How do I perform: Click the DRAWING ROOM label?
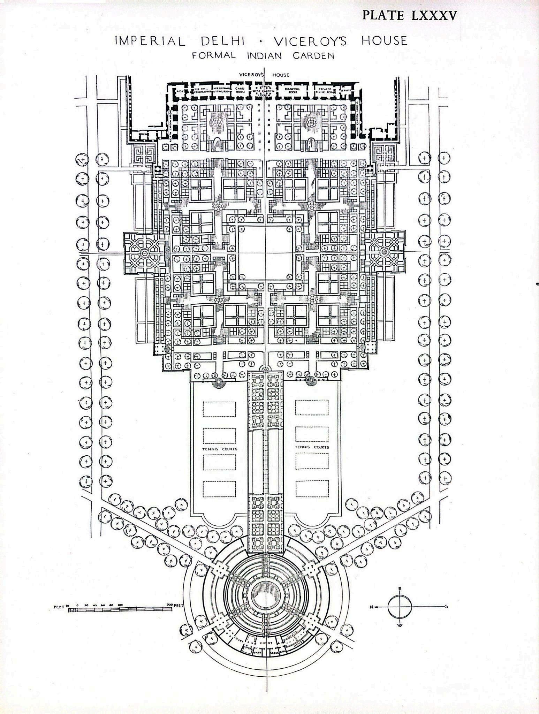pyautogui.click(x=292, y=90)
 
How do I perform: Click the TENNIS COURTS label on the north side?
pyautogui.click(x=220, y=449)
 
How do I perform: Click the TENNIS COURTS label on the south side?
pyautogui.click(x=312, y=447)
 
